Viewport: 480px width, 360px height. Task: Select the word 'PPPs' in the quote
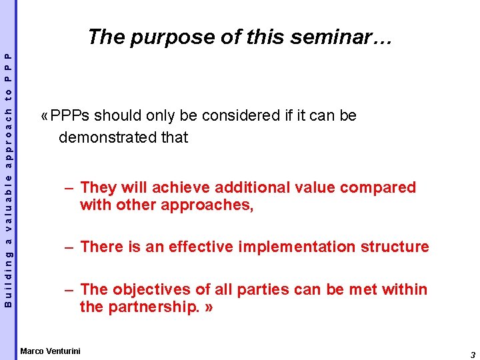pos(70,116)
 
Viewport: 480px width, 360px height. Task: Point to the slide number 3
pos(472,355)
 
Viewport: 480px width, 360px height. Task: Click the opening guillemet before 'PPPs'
pos(43,116)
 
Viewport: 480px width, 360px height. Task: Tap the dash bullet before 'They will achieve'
pos(69,189)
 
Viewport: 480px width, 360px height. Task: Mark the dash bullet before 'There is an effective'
pos(69,247)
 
